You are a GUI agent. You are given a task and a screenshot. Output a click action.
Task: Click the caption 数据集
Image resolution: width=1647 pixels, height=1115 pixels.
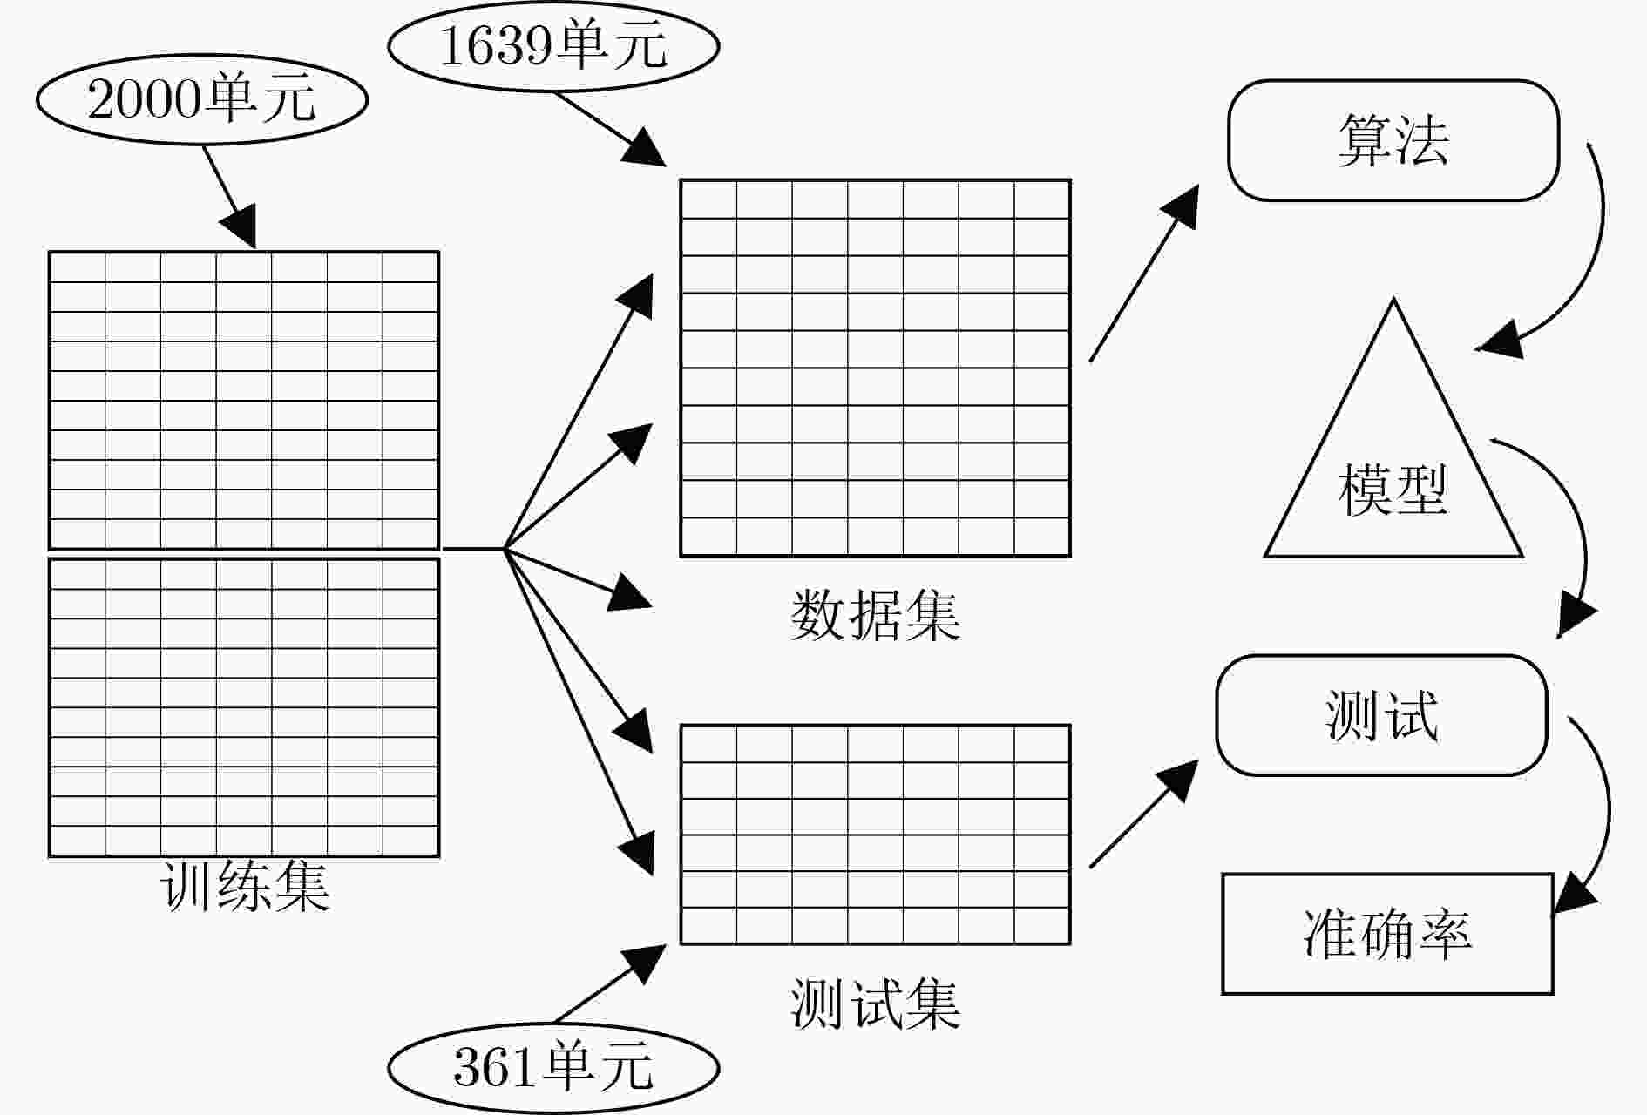[x=875, y=616]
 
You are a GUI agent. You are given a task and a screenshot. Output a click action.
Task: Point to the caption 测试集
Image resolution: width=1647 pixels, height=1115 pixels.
[x=875, y=1004]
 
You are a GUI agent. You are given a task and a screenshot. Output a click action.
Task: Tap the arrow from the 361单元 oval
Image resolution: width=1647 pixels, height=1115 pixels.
[x=610, y=983]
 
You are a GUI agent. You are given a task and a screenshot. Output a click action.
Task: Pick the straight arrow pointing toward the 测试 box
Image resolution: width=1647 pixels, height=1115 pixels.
[x=1143, y=814]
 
